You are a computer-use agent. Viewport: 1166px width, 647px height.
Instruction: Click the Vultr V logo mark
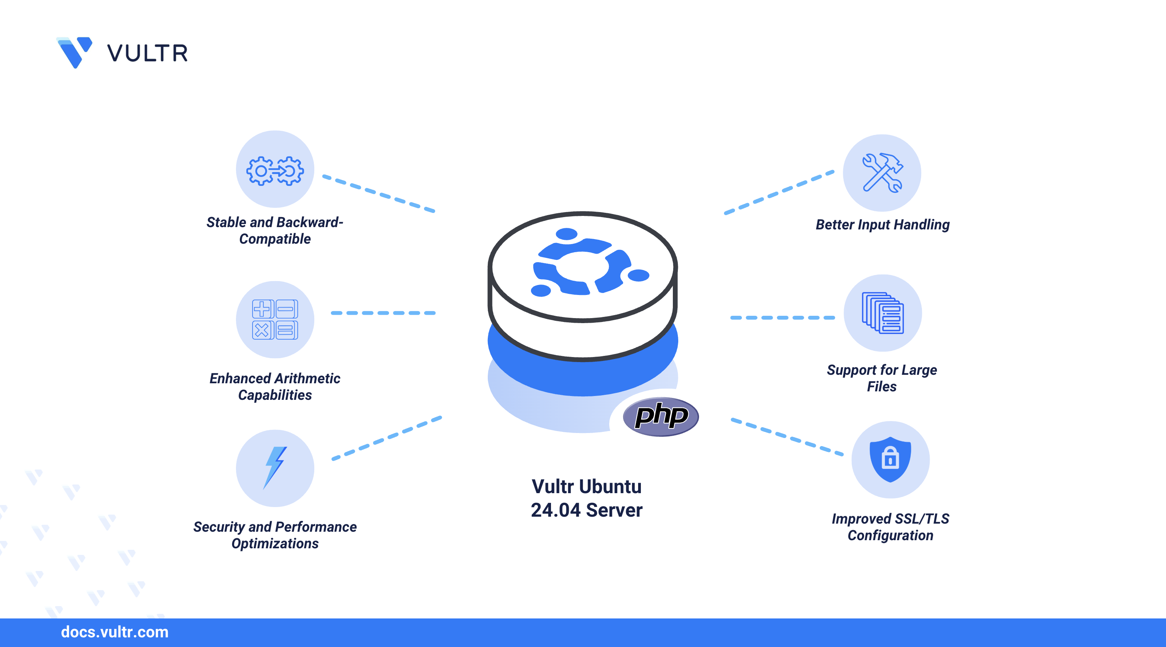[75, 52]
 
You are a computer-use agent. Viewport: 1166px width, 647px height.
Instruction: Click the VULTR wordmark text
[147, 54]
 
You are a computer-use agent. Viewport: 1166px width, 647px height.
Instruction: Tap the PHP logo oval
[661, 416]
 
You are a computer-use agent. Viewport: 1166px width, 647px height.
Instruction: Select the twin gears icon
[275, 171]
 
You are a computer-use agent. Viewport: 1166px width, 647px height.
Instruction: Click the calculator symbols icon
[275, 319]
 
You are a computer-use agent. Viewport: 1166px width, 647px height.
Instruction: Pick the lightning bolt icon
[275, 467]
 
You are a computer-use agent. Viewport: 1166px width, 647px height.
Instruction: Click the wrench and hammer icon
[882, 172]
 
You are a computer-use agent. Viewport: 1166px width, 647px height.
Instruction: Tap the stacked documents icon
[883, 313]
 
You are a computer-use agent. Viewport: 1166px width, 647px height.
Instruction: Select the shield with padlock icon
[890, 459]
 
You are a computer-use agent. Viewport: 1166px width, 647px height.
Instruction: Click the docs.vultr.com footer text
[115, 632]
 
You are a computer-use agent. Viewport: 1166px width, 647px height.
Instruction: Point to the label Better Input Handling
[882, 224]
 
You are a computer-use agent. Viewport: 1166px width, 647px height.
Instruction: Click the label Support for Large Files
[882, 378]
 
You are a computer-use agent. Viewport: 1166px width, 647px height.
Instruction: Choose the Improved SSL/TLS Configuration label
[890, 527]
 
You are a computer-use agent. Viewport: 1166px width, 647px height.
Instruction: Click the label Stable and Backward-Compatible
[275, 231]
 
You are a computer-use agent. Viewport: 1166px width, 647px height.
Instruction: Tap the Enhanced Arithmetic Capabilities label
[275, 387]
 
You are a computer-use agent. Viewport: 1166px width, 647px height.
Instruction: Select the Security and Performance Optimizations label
[275, 535]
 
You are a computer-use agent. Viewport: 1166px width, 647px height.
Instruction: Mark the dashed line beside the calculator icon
[383, 313]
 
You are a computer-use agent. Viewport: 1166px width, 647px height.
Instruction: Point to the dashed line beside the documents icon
[782, 317]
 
